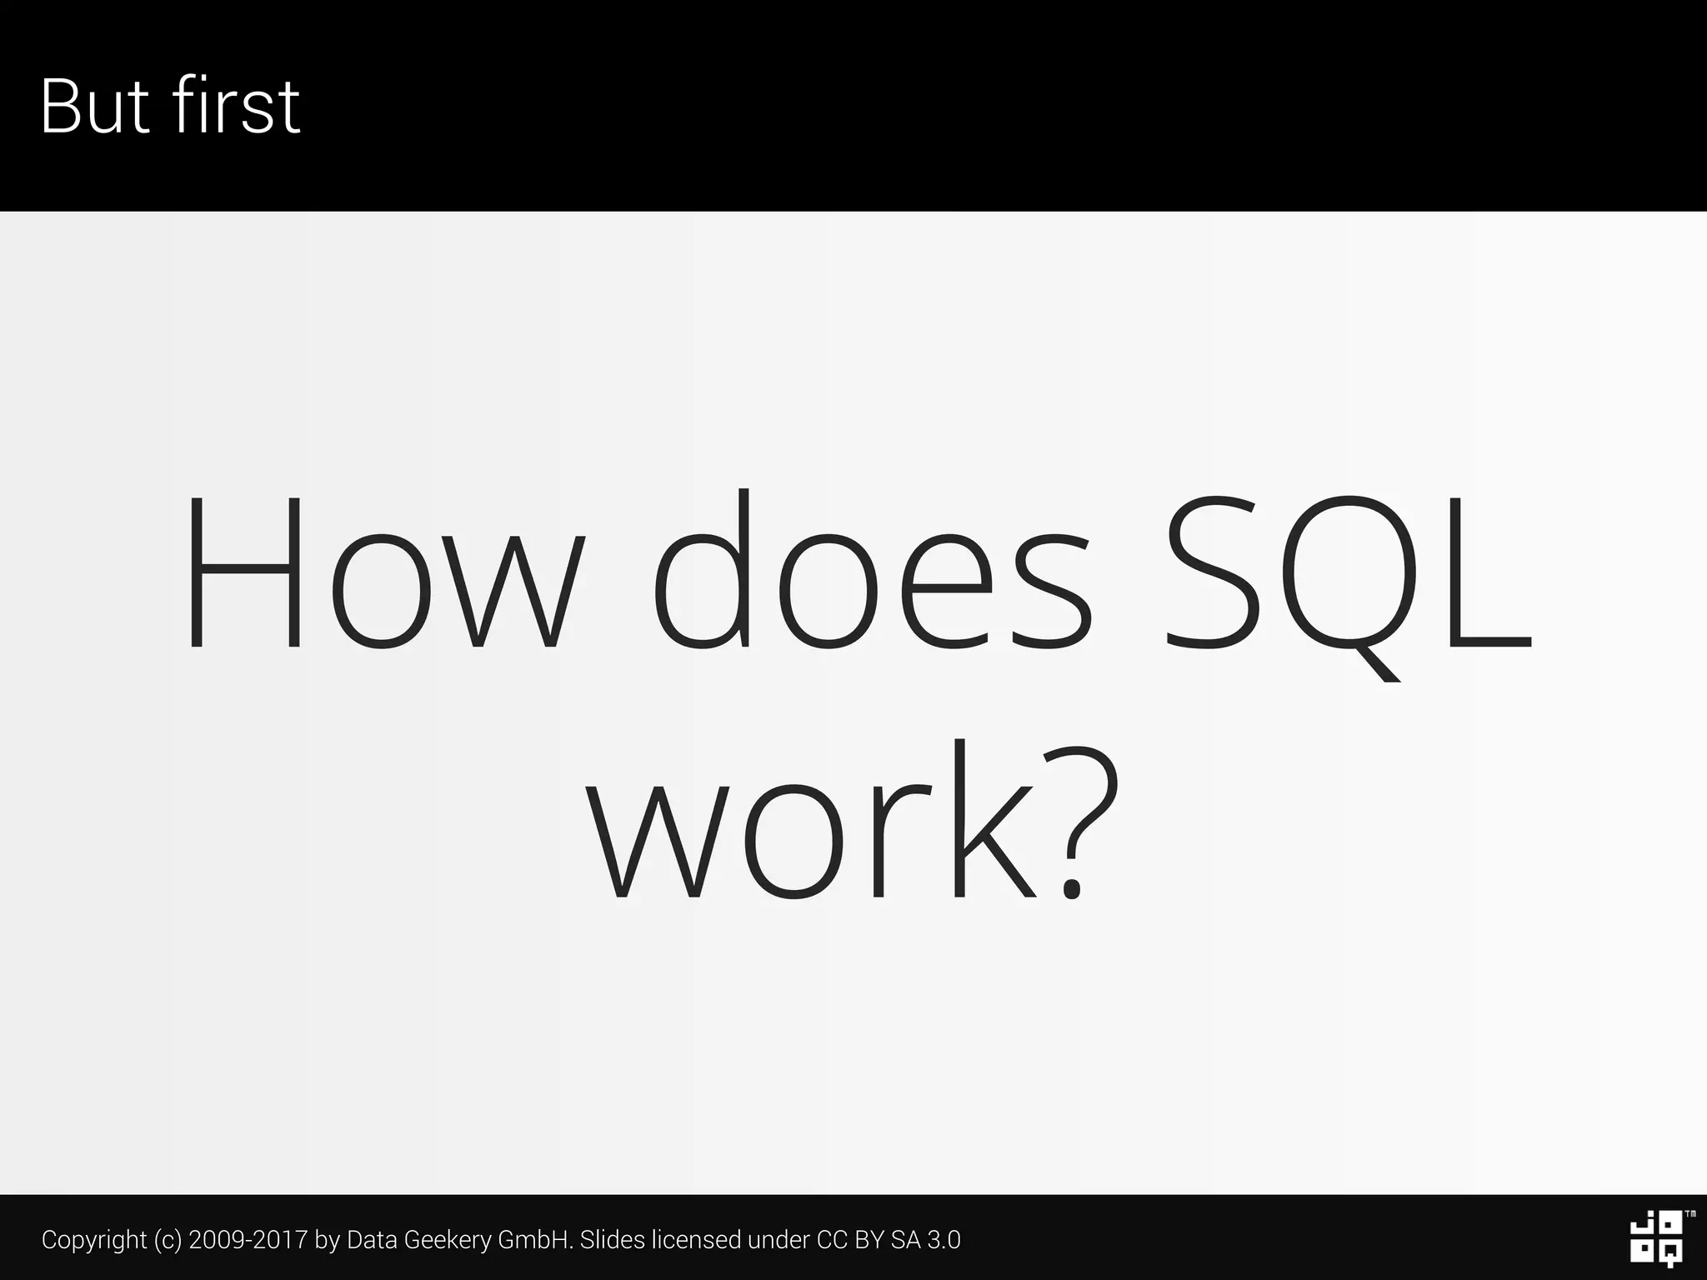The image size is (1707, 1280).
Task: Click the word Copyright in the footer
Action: (94, 1240)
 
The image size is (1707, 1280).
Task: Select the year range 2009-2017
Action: (248, 1240)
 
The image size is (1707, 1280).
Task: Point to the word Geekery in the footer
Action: (448, 1240)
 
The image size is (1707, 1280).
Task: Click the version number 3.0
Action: (944, 1240)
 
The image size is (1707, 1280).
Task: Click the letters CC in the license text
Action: (832, 1240)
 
